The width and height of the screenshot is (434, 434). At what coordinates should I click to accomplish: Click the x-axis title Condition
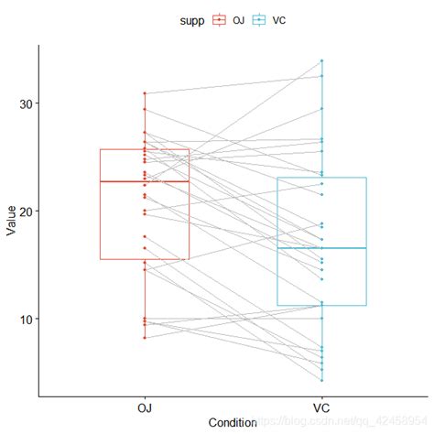coord(233,423)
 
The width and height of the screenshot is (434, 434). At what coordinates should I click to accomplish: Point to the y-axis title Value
coord(10,221)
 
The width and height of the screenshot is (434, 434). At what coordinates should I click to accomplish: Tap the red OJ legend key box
coord(220,18)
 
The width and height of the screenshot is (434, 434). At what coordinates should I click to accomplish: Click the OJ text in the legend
coord(239,18)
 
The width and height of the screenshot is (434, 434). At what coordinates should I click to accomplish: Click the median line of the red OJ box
coord(144,181)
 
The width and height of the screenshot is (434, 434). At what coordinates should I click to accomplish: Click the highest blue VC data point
coord(322,60)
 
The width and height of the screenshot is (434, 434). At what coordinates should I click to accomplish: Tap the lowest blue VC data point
coord(322,380)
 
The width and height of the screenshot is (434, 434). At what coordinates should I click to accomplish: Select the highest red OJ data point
coord(144,92)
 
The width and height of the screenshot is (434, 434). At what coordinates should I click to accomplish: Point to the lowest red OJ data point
coord(144,338)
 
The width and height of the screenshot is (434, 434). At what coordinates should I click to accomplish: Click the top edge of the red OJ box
coord(144,149)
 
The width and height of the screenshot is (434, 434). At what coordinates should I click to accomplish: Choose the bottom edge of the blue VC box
coord(322,305)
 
